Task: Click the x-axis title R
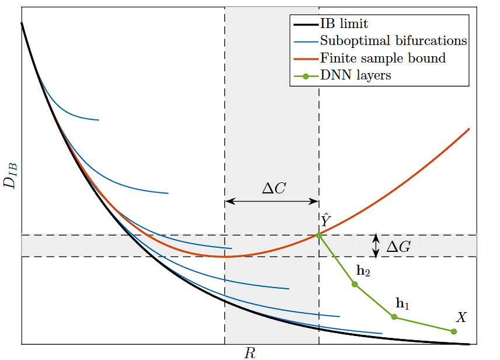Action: tap(249, 352)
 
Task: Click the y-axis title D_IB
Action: tap(11, 174)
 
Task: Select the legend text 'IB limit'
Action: tap(344, 25)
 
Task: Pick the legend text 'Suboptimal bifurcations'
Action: tap(393, 41)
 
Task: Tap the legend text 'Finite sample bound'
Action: tap(383, 58)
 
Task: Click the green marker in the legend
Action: tap(305, 76)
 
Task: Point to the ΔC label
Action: tap(273, 189)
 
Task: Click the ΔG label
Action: tap(398, 247)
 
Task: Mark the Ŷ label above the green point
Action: tap(325, 220)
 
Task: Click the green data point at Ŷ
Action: tap(319, 236)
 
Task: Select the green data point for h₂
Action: tap(354, 284)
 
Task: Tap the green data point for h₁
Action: tap(394, 317)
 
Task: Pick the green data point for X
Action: tap(454, 331)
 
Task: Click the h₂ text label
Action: tap(363, 271)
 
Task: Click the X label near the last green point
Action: tap(461, 317)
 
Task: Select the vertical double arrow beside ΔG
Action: tap(376, 246)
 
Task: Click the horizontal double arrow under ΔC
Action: tap(272, 201)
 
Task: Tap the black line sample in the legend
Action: tap(305, 25)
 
